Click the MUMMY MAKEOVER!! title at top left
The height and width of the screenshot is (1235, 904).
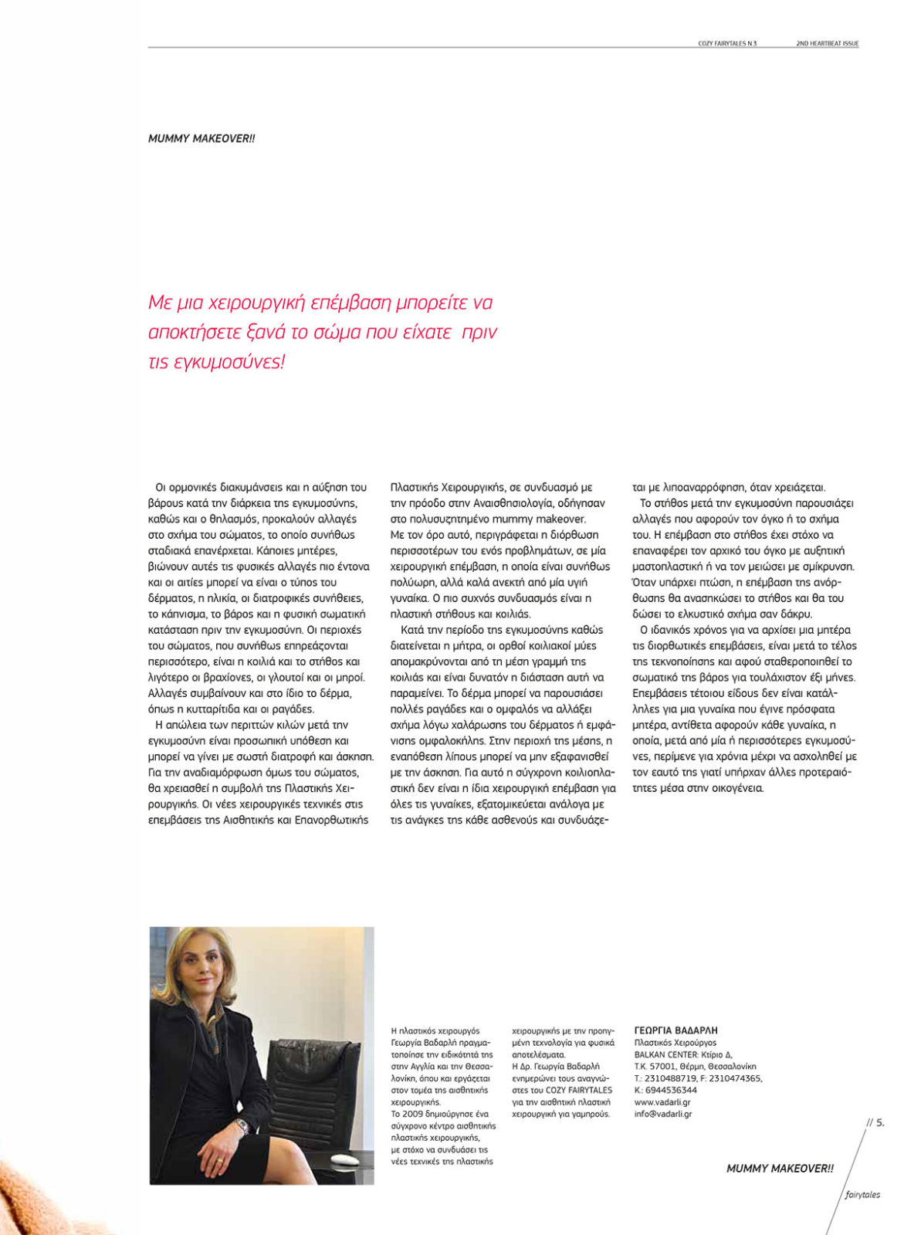(x=201, y=138)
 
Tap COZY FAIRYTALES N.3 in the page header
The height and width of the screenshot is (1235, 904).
(x=727, y=43)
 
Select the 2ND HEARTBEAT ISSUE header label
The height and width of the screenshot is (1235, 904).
(x=827, y=43)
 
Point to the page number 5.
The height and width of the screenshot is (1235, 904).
(x=879, y=1122)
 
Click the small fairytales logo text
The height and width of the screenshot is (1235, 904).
(x=862, y=1194)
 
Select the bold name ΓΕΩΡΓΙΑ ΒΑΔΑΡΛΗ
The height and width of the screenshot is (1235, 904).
(x=675, y=1030)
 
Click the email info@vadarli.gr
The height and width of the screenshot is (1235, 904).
(x=662, y=1114)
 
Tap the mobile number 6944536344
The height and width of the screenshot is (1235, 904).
(x=671, y=1090)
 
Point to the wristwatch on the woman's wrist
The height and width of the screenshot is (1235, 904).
(x=242, y=1127)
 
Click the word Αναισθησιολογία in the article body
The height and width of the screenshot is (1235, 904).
(x=489, y=502)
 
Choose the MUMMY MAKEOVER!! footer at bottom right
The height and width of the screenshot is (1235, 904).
(x=780, y=1169)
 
